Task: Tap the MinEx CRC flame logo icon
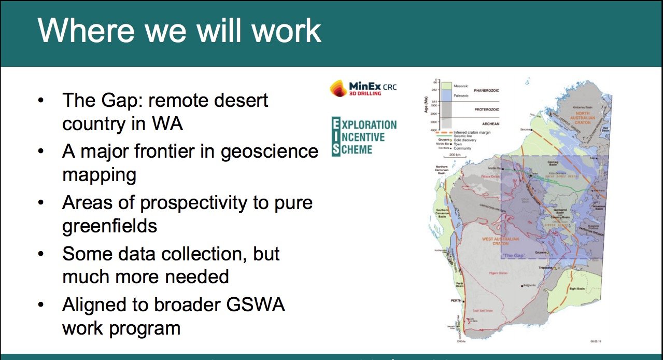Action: tap(340, 89)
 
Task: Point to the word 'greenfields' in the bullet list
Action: tap(109, 226)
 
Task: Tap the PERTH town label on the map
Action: tap(456, 301)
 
